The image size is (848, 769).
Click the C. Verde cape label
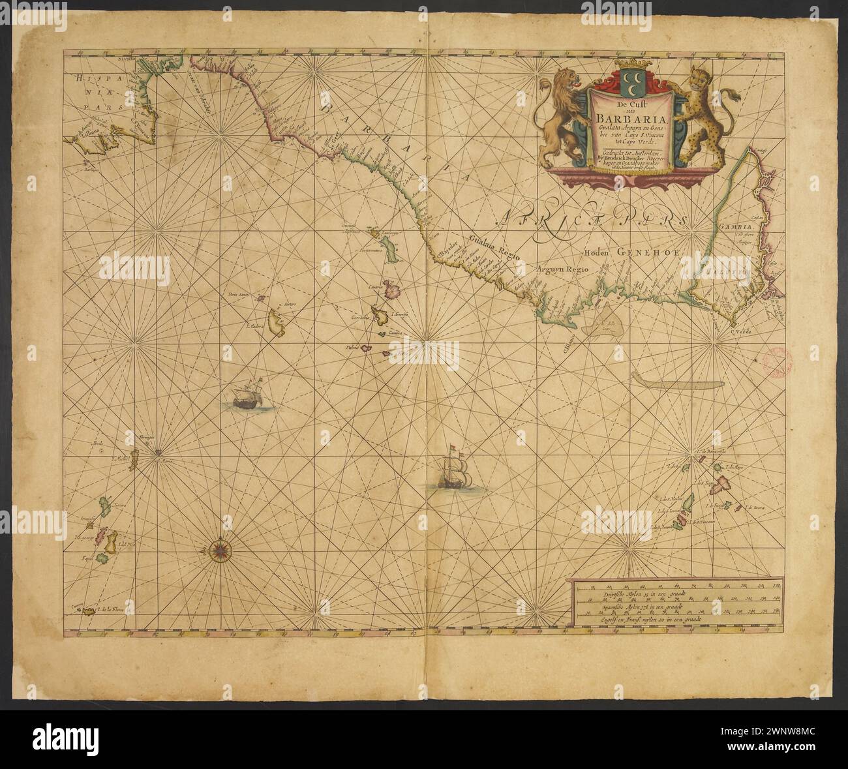(x=740, y=333)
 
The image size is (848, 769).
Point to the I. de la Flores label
(x=109, y=610)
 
